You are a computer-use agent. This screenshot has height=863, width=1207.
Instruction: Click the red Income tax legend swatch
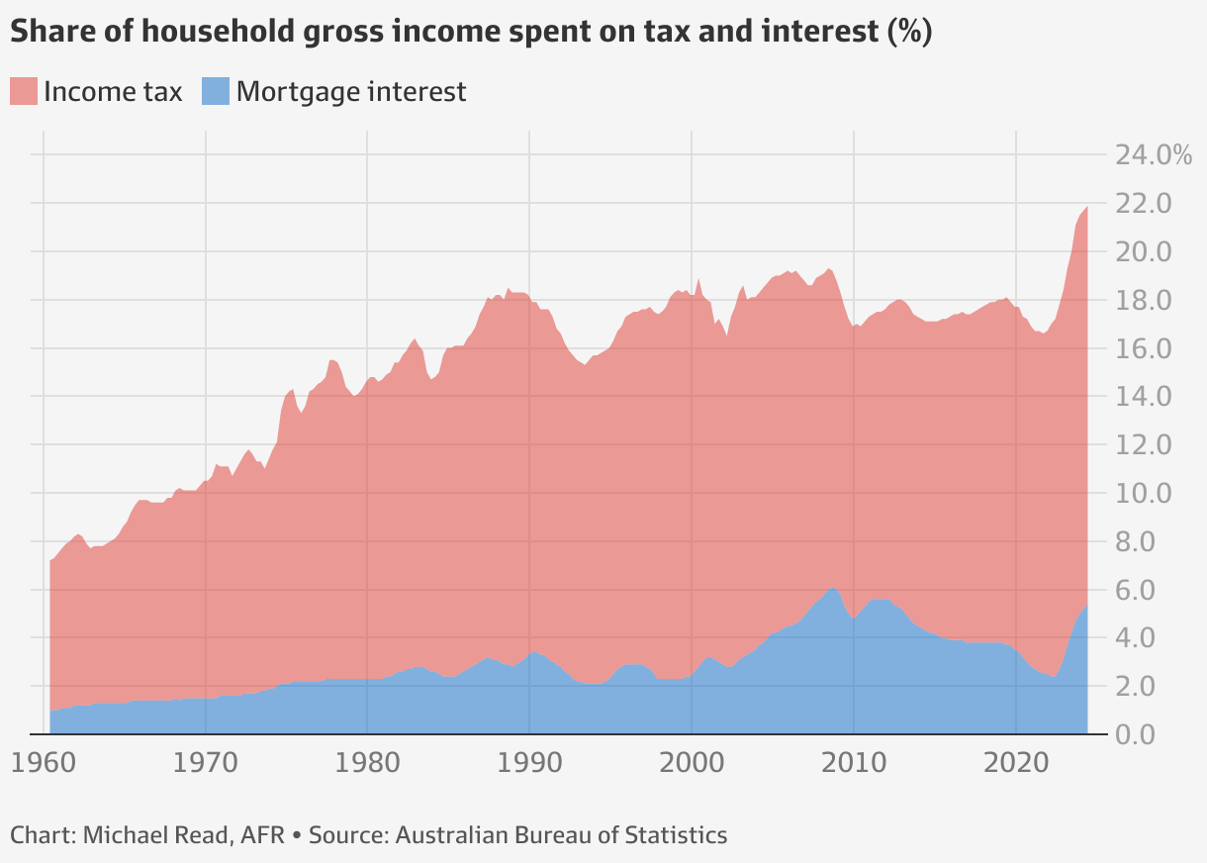click(24, 92)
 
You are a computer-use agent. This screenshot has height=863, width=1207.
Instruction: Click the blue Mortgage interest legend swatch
click(216, 92)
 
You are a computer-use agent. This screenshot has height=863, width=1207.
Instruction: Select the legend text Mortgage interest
click(351, 92)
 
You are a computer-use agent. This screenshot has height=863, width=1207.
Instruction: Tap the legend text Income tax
click(113, 92)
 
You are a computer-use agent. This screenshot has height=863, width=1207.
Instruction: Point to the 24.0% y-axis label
click(1154, 155)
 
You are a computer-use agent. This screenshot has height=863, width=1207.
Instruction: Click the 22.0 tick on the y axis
click(1144, 204)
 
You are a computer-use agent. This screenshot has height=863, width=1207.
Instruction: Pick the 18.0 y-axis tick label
click(1144, 301)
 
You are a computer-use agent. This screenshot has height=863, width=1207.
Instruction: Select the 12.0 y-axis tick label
click(1144, 445)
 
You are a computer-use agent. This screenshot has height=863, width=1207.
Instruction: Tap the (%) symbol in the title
click(909, 32)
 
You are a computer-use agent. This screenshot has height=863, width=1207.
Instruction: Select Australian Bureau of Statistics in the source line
click(561, 835)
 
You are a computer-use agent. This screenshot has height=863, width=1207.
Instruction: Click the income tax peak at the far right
click(1086, 209)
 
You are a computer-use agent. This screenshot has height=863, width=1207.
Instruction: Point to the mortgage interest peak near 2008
click(832, 590)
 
